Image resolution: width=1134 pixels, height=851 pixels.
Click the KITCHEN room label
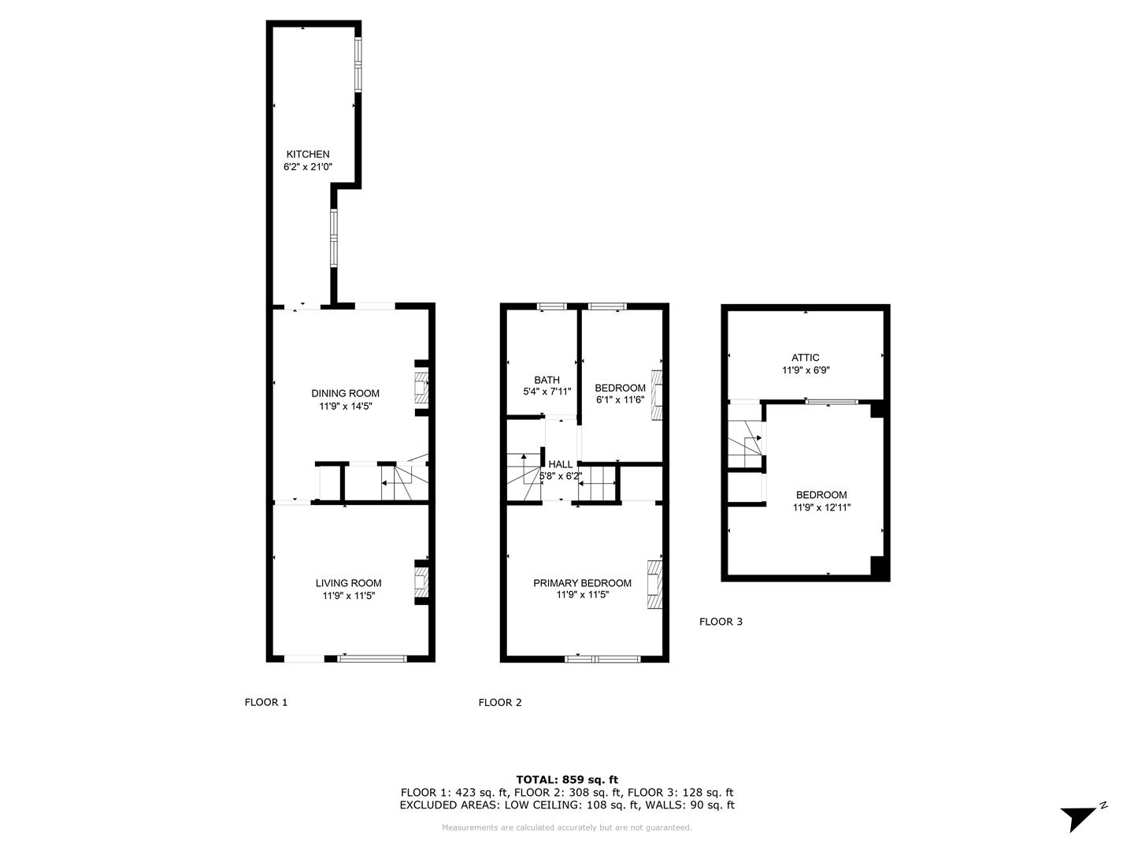[x=308, y=154]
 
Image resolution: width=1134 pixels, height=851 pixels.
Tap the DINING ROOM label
[x=345, y=393]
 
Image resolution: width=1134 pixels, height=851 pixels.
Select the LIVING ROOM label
[x=348, y=583]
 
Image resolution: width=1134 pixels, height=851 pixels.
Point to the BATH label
[x=547, y=380]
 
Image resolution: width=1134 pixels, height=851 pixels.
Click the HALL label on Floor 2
[x=560, y=464]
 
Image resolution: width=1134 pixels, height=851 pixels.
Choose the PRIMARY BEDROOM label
[x=582, y=583]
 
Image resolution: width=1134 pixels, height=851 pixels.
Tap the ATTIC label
[x=805, y=357]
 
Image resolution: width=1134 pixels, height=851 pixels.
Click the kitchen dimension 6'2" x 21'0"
[x=307, y=166]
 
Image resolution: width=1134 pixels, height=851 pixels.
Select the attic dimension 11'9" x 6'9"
[x=806, y=370]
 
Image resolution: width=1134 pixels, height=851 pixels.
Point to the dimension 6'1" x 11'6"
[x=620, y=399]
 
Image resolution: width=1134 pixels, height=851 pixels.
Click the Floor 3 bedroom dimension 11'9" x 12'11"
[x=821, y=507]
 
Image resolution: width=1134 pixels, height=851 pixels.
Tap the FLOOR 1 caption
[x=265, y=702]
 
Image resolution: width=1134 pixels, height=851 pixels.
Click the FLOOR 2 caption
[x=499, y=702]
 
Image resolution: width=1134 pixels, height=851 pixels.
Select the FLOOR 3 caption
[x=721, y=622]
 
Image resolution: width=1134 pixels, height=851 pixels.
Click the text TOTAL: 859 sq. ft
[x=567, y=779]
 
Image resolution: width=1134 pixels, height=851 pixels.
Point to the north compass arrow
[x=1079, y=818]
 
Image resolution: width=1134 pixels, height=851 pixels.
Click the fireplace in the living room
[x=421, y=582]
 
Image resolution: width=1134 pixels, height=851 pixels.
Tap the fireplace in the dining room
[x=421, y=388]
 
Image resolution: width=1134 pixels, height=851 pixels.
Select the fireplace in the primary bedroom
[x=654, y=584]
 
